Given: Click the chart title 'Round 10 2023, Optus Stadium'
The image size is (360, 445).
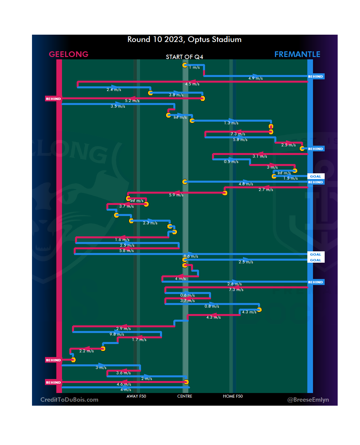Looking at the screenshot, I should (x=184, y=40).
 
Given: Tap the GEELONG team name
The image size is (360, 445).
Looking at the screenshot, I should (x=69, y=54).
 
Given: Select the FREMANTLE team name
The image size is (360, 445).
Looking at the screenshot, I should (x=297, y=54).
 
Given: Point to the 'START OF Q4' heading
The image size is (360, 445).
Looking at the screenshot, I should (x=184, y=57).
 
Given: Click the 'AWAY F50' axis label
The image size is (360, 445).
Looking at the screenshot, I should (x=136, y=396).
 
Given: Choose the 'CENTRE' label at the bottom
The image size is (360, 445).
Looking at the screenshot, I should (x=185, y=396).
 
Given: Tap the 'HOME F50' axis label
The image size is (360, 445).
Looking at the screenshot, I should (x=233, y=396).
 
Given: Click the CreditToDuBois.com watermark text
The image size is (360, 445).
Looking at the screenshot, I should (x=69, y=400).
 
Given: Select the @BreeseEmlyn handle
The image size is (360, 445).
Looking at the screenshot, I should (x=308, y=400).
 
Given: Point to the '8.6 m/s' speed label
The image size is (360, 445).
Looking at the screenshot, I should (x=191, y=256).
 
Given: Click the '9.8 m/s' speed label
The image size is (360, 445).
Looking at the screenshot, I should (x=117, y=334).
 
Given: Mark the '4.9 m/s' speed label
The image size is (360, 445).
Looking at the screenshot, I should (x=255, y=78).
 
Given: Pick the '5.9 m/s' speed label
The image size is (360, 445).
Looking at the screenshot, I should (x=176, y=195).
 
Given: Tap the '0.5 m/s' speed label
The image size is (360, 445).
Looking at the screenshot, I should (x=231, y=162).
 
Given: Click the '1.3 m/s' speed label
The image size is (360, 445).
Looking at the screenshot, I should (x=231, y=123).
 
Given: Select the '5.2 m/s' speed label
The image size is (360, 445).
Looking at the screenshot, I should (x=132, y=101).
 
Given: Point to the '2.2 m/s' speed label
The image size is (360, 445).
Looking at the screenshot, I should (x=86, y=351).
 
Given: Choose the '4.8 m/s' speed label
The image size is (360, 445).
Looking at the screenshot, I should (x=246, y=184).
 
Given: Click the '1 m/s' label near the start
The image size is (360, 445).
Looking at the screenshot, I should (x=194, y=67).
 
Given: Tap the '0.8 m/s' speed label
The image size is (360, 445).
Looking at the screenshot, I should (x=212, y=306).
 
